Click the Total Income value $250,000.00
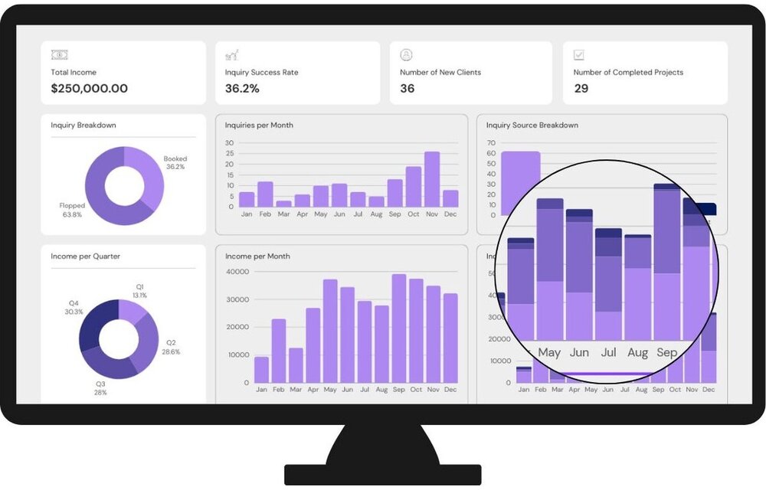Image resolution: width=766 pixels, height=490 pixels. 89,89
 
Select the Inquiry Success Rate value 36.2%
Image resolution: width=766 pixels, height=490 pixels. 242,89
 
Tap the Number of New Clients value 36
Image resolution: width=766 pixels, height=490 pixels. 408,89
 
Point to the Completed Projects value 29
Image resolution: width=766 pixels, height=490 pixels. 581,89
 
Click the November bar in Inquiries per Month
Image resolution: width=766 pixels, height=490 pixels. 432,180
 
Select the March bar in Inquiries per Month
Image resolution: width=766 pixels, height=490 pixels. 283,204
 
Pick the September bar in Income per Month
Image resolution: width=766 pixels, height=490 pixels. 399,329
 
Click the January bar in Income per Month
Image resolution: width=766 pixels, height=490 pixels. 262,371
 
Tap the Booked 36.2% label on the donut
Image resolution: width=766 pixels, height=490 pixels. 175,162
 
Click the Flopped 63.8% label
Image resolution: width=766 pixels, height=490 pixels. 72,210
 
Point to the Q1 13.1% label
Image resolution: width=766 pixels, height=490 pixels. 139,291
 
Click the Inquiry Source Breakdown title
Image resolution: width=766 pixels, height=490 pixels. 532,126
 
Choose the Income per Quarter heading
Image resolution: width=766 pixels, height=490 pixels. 85,256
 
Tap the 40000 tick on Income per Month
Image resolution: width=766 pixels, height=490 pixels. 238,272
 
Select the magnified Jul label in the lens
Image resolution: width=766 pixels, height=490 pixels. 609,353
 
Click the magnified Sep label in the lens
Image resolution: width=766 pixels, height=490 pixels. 667,353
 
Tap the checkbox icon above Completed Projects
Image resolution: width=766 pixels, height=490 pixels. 579,55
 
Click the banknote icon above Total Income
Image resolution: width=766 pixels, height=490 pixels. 59,55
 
